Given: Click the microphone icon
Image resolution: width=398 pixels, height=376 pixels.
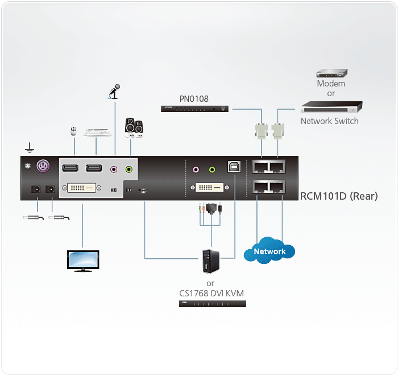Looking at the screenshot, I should pyautogui.click(x=114, y=93).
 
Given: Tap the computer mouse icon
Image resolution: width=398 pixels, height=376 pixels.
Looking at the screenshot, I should pyautogui.click(x=73, y=131).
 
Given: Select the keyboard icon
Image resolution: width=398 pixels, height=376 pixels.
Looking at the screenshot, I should pyautogui.click(x=97, y=132).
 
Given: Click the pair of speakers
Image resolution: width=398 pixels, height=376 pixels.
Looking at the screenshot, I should pyautogui.click(x=134, y=128).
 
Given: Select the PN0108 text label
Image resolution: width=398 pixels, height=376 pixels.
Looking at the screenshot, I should pyautogui.click(x=194, y=99).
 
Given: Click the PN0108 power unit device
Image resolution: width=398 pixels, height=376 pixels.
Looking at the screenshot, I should pyautogui.click(x=196, y=108).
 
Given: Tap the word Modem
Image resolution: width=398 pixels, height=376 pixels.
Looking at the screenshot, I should pyautogui.click(x=331, y=84).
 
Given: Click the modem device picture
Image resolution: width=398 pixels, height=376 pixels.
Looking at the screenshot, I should pyautogui.click(x=331, y=73).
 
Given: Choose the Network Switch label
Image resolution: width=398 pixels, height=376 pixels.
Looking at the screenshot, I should pyautogui.click(x=330, y=121).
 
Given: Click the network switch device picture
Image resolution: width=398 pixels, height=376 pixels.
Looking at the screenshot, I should pyautogui.click(x=331, y=106).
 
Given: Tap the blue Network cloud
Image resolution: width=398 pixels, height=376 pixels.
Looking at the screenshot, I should pyautogui.click(x=270, y=251).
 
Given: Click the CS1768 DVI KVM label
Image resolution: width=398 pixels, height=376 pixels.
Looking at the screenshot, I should pyautogui.click(x=210, y=293).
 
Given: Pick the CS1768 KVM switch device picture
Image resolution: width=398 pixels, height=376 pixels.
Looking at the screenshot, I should pyautogui.click(x=213, y=304).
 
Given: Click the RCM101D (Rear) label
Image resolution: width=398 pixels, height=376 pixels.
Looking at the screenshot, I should pyautogui.click(x=339, y=197).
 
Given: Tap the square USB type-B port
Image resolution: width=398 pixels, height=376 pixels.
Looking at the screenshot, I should pyautogui.click(x=234, y=168).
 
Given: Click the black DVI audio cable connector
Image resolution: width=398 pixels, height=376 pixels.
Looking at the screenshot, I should pyautogui.click(x=217, y=208).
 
